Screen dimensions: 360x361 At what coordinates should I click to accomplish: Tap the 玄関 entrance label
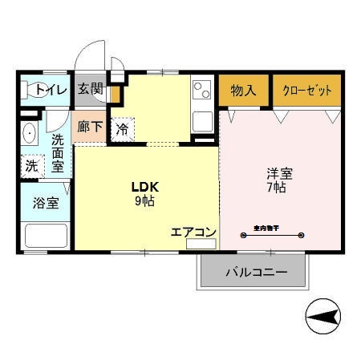coord(90,89)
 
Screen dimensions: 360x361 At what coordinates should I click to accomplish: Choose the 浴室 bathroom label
coord(46,202)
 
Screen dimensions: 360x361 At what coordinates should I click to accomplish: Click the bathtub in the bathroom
coord(46,236)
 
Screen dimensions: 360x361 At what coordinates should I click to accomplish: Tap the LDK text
coord(146,187)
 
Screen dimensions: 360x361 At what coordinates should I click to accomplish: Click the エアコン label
coord(193,232)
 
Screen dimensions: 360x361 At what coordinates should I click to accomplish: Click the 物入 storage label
coord(243,90)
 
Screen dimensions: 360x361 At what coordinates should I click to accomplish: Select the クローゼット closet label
coord(306,90)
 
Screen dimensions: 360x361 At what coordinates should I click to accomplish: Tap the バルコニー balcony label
coord(255,273)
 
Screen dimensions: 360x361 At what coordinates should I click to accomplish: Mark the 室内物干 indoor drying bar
coord(273,235)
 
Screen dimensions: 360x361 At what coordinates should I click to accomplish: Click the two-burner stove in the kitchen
coord(201,88)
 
